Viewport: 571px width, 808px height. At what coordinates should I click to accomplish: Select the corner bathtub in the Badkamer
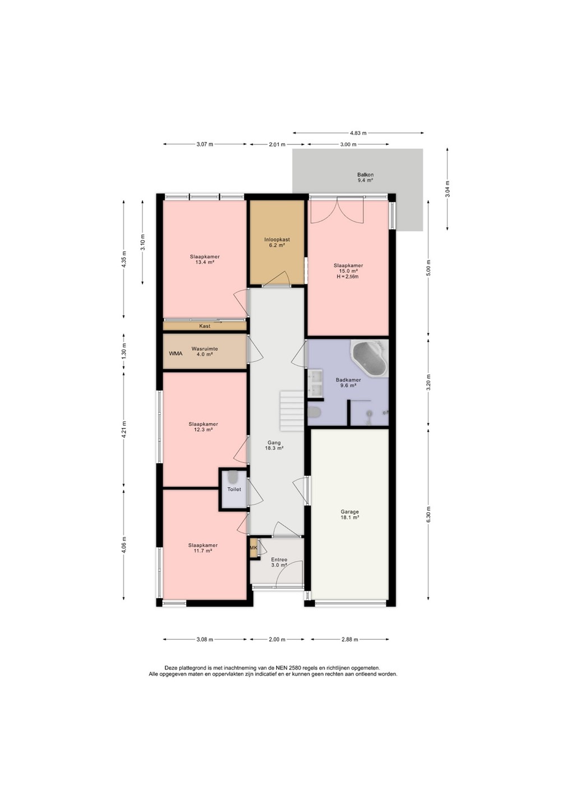tap(369, 359)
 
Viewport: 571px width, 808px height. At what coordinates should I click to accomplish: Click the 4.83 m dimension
tap(358, 133)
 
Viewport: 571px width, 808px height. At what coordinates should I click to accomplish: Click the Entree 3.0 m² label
tap(279, 562)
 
